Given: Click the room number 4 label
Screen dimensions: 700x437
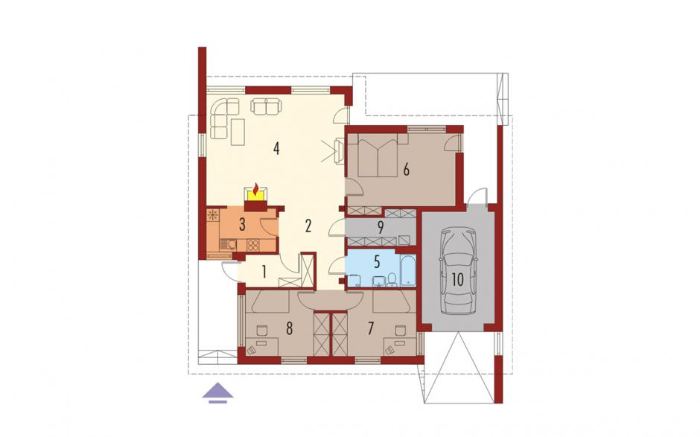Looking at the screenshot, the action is (277, 148).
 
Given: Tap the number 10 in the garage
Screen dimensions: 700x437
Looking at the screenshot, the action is (457, 279).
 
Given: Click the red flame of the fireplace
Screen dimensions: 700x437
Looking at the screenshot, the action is (256, 190).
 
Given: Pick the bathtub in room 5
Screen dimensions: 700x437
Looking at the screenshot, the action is (409, 270).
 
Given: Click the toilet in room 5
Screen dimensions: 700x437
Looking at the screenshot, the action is (392, 279).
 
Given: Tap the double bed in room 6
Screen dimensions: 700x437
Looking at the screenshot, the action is (378, 156).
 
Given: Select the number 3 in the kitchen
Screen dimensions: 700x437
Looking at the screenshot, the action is (242, 225).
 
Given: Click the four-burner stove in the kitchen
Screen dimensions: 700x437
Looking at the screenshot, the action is (252, 245).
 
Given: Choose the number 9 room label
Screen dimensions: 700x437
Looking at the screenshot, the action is (381, 228).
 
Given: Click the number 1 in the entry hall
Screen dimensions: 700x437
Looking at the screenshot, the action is (264, 272).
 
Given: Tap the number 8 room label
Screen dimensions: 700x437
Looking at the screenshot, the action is (289, 329).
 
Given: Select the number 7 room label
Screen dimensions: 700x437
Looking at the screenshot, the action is (370, 329).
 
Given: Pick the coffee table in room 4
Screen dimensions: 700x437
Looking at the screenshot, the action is (238, 132).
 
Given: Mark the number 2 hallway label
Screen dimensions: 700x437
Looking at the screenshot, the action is (308, 226).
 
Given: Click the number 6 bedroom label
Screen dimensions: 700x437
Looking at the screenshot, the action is (406, 170).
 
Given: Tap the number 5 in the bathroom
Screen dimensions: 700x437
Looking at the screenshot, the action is (378, 262).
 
